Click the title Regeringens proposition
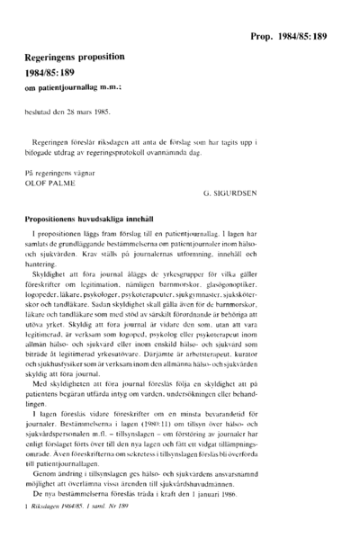[75, 56]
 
